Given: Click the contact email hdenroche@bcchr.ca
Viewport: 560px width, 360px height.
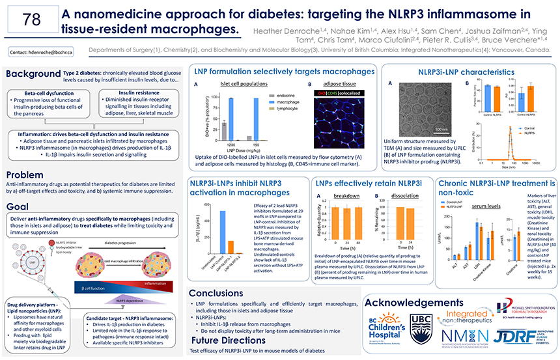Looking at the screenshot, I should pyautogui.click(x=40, y=51).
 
